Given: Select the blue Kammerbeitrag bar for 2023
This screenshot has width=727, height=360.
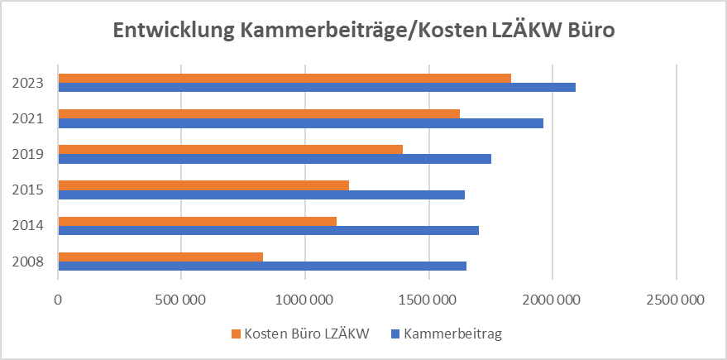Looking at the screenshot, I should [x=317, y=87].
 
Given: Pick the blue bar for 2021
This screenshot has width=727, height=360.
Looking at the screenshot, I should [x=301, y=122].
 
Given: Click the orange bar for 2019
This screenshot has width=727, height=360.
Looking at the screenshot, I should [x=231, y=149].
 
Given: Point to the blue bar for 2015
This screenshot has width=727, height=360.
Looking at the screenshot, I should [x=261, y=194].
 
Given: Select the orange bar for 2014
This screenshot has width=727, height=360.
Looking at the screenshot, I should [x=198, y=221].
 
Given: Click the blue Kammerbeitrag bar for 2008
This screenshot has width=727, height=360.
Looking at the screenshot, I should [x=262, y=266].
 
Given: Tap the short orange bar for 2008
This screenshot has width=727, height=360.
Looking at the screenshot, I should [x=160, y=257].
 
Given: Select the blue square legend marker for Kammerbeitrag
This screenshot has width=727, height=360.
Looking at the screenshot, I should [x=395, y=334].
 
